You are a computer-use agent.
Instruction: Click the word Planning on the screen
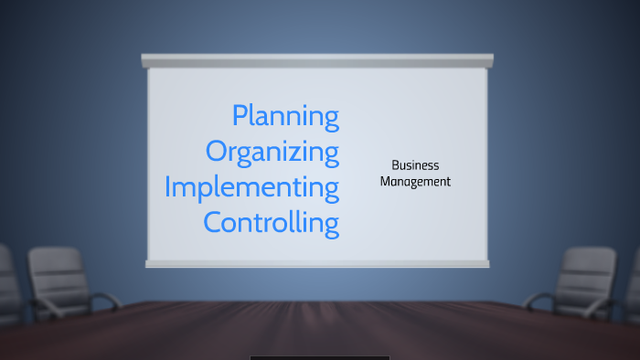pos(285,117)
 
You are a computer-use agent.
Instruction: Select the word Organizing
pos(272,152)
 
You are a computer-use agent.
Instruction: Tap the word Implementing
pos(251,187)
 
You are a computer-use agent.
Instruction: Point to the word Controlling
pos(271,222)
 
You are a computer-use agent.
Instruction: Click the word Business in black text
pos(415,165)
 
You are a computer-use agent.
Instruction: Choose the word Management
pos(415,182)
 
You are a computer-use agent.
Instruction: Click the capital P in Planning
pos(240,116)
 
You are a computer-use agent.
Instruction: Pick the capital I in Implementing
pos(168,186)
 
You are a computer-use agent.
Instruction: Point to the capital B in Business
pos(395,165)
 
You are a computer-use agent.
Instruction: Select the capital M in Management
pos(386,182)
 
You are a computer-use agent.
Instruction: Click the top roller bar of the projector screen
pos(317,60)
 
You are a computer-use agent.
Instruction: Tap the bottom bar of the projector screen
pos(317,263)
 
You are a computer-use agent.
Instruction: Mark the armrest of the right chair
pos(539,298)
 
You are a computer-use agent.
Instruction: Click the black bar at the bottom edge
pos(319,357)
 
